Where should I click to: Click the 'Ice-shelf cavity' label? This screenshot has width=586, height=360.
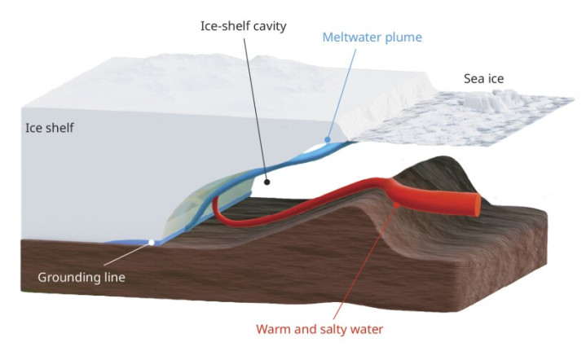[x=244, y=27]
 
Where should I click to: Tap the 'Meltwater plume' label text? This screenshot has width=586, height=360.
[x=372, y=37]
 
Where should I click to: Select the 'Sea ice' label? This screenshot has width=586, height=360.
[x=483, y=78]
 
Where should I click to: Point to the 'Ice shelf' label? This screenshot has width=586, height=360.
[x=50, y=128]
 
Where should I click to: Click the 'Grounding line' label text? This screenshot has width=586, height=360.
[x=82, y=278]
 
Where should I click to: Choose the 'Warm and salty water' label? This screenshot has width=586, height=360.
[x=319, y=329]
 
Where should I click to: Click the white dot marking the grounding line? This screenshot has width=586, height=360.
[x=152, y=243]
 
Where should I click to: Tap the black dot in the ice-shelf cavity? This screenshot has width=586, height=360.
[x=267, y=182]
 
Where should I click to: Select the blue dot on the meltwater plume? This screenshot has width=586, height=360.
[x=328, y=139]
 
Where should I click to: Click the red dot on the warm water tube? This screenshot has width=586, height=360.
[x=397, y=204]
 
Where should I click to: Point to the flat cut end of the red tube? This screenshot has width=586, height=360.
[x=478, y=204]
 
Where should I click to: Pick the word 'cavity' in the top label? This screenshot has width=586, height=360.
[x=270, y=27]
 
